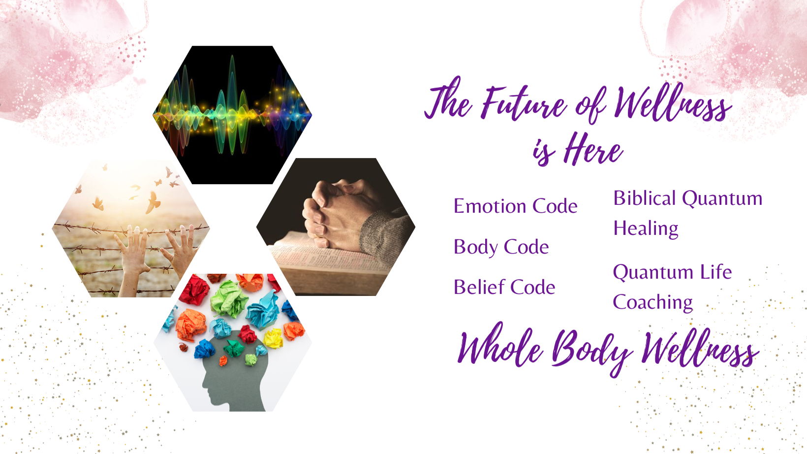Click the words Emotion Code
515,206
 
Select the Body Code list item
501,247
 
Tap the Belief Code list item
504,287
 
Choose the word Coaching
653,303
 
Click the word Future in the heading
525,103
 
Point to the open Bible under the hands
328,265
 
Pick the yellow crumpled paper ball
274,339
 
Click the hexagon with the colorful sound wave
232,115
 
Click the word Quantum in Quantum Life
652,273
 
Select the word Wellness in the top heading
672,103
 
